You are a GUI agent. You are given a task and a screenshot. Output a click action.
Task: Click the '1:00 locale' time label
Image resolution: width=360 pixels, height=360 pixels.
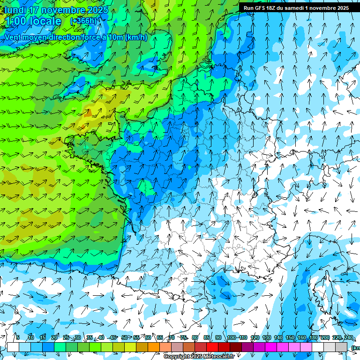tap(33, 22)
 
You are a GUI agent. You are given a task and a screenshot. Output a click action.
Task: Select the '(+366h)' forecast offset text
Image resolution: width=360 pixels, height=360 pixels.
tap(83, 21)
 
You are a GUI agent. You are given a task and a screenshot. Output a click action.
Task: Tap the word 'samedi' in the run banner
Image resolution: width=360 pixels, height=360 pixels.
tap(295, 8)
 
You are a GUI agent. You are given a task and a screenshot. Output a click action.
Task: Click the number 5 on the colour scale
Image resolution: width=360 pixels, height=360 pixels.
tap(18, 337)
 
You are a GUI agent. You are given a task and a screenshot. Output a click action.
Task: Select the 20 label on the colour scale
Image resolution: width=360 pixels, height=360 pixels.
tap(54, 337)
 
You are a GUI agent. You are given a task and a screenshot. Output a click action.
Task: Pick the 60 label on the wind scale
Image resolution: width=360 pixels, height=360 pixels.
tap(148, 337)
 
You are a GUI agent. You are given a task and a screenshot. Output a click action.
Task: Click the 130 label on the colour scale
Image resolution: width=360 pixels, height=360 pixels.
tap(267, 337)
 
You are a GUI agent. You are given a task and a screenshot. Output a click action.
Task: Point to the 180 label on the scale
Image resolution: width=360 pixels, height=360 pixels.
tap(313, 337)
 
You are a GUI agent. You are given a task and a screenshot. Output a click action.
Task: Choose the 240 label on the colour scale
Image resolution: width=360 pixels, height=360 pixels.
tap(349, 337)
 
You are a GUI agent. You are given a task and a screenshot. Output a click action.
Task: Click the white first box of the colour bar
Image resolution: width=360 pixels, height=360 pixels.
tap(13, 347)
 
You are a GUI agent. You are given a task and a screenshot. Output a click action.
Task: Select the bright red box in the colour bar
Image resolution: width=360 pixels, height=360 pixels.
tap(212, 347)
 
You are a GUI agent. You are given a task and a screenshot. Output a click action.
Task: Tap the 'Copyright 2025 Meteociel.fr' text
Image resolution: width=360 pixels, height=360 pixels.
tap(199, 357)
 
